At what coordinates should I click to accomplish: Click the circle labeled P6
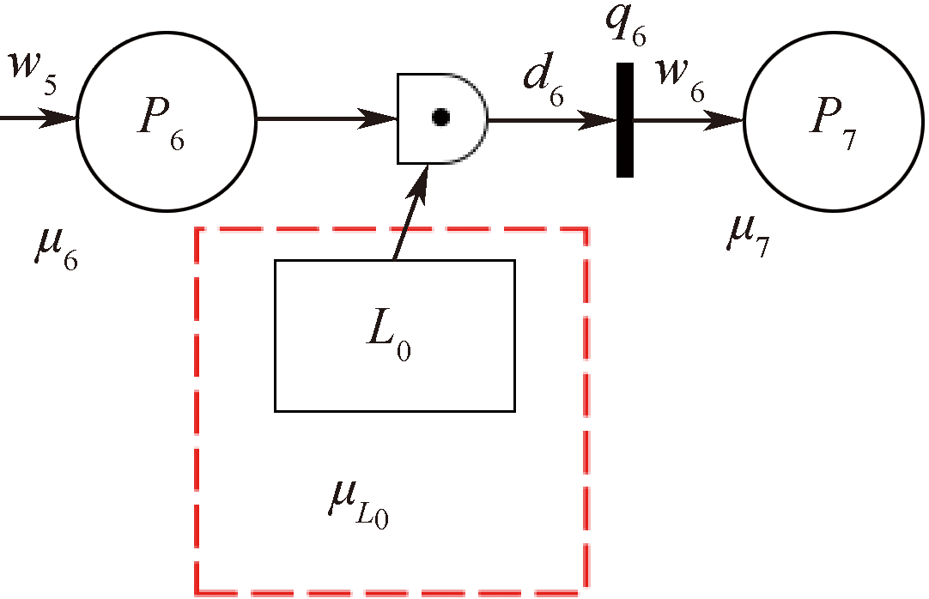tap(167, 120)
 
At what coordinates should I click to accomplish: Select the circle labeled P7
tap(833, 120)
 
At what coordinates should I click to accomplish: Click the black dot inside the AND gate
tap(440, 118)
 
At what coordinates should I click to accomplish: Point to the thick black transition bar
tap(625, 120)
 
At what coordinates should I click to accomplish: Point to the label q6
tap(624, 26)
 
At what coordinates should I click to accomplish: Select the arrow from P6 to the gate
tap(326, 118)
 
